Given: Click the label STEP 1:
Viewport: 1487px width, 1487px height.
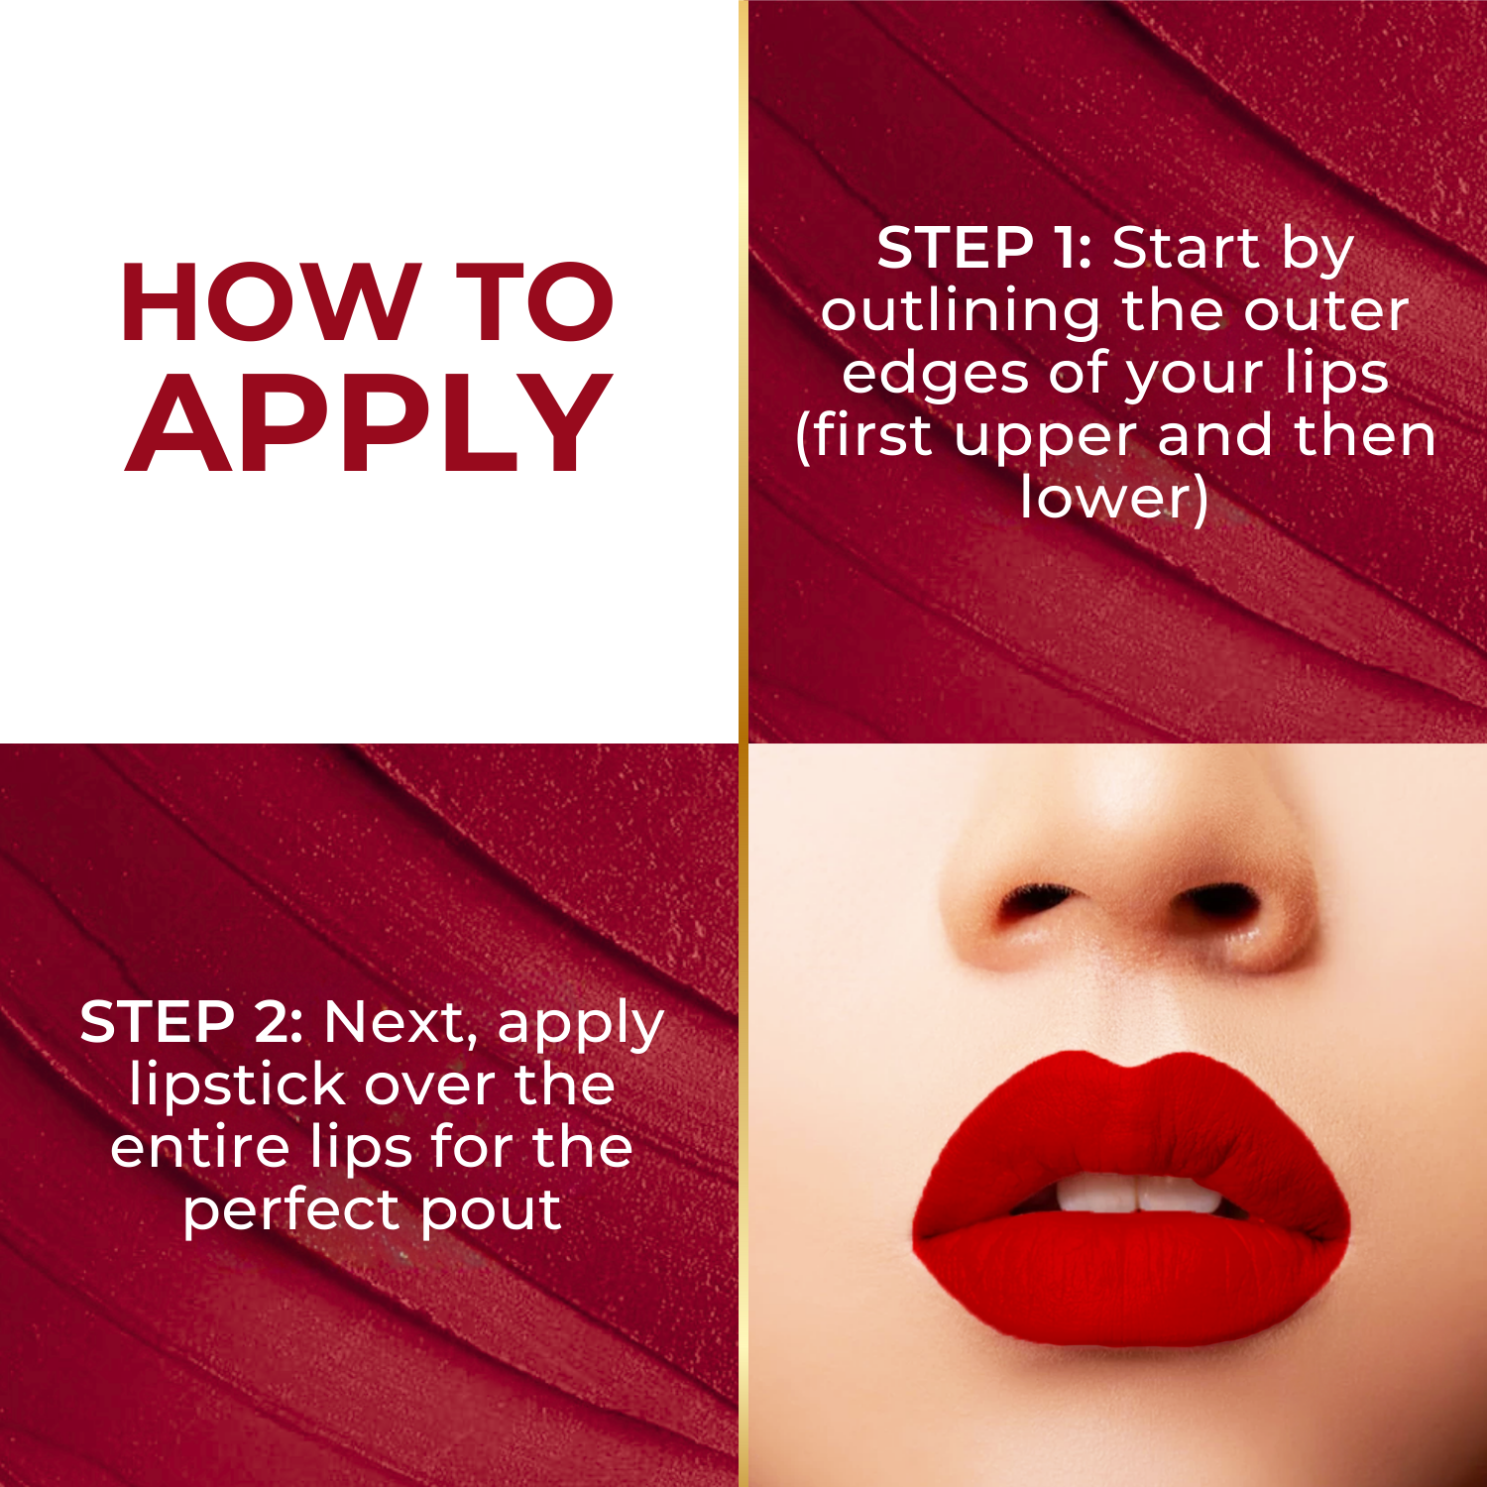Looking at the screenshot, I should (x=983, y=248).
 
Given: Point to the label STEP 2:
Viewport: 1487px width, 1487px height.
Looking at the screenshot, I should (x=191, y=1022).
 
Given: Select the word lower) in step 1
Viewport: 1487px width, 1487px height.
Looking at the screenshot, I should (x=1114, y=498).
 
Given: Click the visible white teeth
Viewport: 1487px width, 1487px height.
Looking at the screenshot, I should (x=1136, y=1194).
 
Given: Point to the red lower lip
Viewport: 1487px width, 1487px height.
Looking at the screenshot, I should (x=1130, y=1279).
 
